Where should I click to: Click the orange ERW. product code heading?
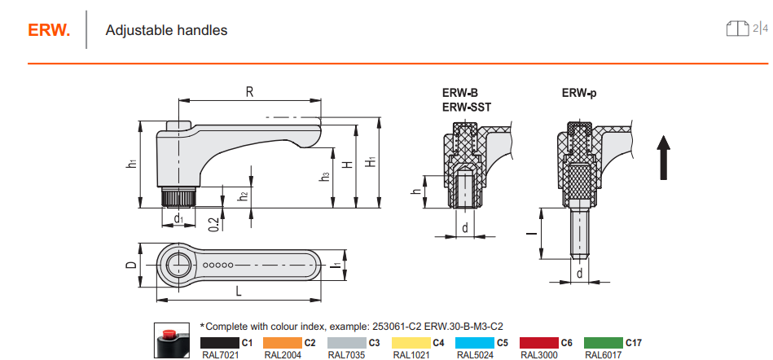(49, 30)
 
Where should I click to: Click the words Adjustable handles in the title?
(166, 30)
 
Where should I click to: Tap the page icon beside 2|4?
(737, 29)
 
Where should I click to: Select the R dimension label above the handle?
(249, 92)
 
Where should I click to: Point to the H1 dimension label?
(372, 161)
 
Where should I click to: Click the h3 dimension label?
(325, 176)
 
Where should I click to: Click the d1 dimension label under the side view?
(178, 218)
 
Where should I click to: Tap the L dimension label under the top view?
(239, 292)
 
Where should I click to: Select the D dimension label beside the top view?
(130, 265)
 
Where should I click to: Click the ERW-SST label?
(467, 107)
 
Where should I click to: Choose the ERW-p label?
(579, 93)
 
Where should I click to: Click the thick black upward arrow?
(664, 158)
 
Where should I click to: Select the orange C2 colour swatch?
(283, 343)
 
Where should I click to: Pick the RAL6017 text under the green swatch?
(603, 355)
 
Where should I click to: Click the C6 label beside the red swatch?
(566, 343)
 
